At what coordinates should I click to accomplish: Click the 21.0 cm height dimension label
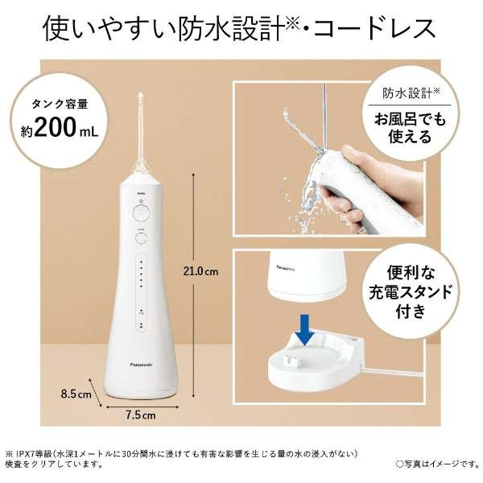(x=202, y=270)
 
